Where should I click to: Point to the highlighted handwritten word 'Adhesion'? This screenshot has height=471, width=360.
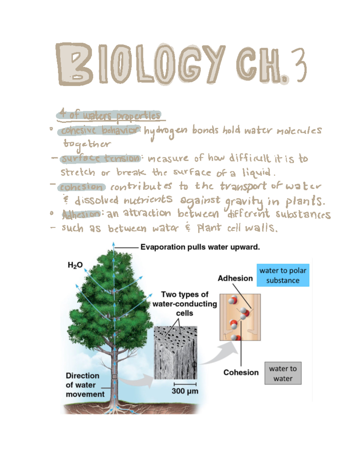pyautogui.click(x=81, y=214)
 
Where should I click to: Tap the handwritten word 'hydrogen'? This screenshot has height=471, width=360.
pyautogui.click(x=166, y=131)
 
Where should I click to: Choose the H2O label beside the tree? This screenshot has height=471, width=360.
pyautogui.click(x=75, y=265)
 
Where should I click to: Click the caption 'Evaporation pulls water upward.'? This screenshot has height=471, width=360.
pyautogui.click(x=200, y=247)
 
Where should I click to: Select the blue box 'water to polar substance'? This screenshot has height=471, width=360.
pyautogui.click(x=283, y=275)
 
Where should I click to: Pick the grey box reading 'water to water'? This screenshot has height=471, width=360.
pyautogui.click(x=283, y=373)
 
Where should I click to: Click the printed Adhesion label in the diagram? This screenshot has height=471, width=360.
pyautogui.click(x=235, y=278)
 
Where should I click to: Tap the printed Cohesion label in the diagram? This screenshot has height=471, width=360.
pyautogui.click(x=241, y=372)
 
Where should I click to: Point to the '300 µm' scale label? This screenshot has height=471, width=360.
pyautogui.click(x=185, y=391)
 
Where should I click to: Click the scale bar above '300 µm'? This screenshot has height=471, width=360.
pyautogui.click(x=185, y=384)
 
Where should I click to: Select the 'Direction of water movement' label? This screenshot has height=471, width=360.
pyautogui.click(x=85, y=385)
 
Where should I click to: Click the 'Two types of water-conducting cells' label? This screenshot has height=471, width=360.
pyautogui.click(x=184, y=304)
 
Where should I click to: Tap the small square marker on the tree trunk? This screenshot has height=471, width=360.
pyautogui.click(x=114, y=376)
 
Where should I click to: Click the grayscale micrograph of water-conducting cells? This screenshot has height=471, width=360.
pyautogui.click(x=175, y=353)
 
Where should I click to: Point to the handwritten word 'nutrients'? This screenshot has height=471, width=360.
pyautogui.click(x=148, y=200)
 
